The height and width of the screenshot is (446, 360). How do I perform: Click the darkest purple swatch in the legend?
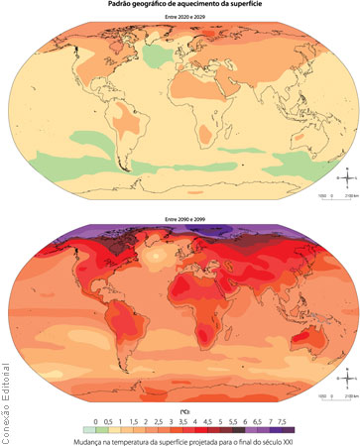(314, 430)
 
